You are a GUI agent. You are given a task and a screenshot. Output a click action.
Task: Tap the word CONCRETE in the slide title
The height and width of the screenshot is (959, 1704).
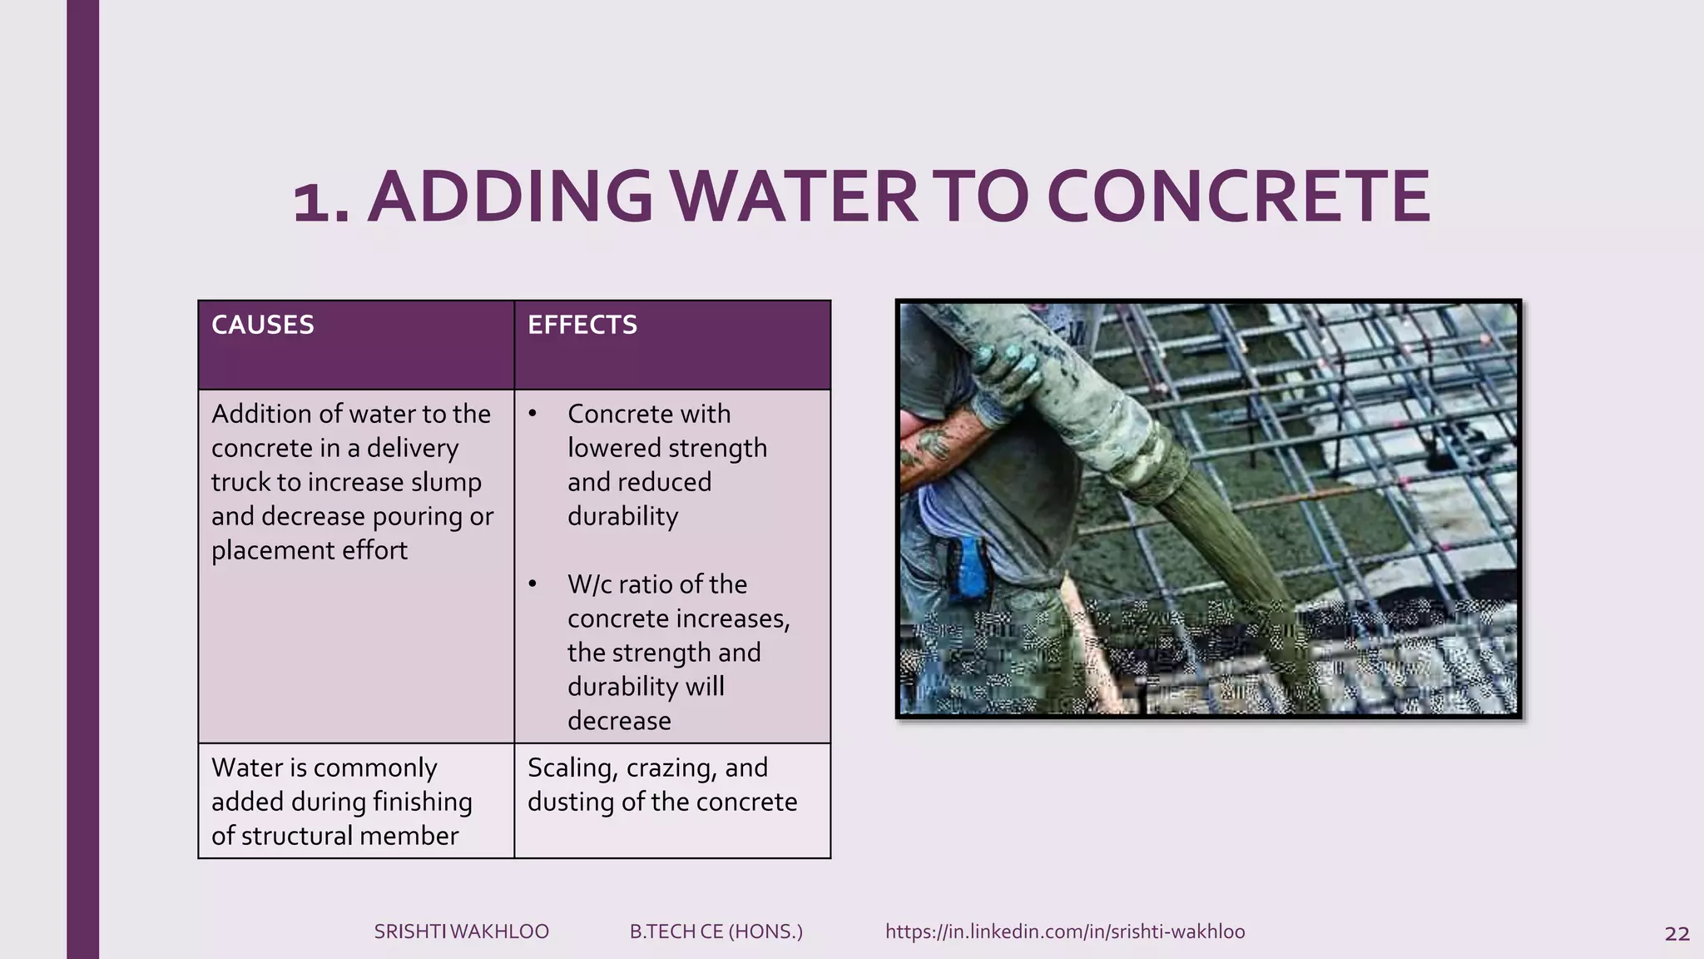pos(1238,197)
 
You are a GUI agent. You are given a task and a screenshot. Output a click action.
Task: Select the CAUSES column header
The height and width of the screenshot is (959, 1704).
pos(262,325)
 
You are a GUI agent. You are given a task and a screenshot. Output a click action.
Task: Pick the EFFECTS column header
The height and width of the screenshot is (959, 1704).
pos(582,325)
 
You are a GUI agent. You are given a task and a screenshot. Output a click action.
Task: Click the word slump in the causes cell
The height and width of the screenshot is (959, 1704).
pos(446,482)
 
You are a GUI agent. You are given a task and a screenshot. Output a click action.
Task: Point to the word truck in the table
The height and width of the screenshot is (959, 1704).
pos(240,482)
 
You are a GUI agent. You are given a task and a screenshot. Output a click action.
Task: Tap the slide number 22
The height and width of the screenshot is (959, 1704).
pos(1677,934)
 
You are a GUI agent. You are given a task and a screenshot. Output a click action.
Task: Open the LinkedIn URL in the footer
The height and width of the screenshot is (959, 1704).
pos(1064,932)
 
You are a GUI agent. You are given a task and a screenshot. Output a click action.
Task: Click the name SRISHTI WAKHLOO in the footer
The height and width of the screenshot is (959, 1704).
pos(461,932)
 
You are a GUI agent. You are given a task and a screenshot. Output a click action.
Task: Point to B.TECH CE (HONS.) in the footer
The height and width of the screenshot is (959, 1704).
pos(716,932)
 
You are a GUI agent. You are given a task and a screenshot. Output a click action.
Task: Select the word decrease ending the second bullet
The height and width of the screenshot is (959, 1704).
pos(618,721)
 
